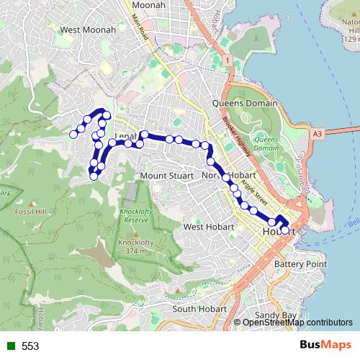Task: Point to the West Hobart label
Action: [208, 227]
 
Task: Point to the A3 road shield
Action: [318, 133]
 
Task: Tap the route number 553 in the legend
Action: [30, 346]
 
